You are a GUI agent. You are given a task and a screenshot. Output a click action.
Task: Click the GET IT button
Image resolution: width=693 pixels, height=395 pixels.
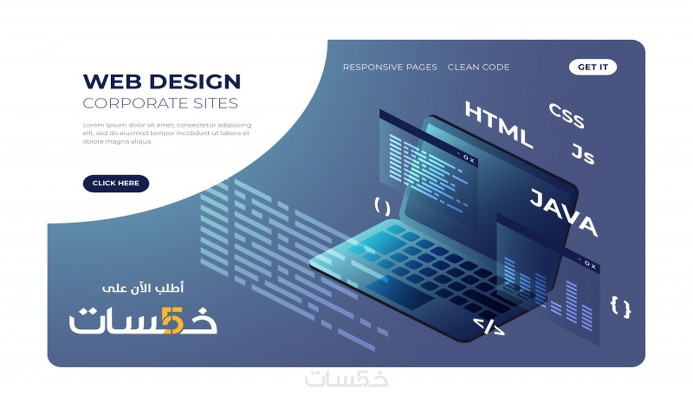click(593, 67)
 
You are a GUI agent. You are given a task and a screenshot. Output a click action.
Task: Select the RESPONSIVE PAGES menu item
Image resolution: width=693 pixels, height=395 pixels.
click(390, 67)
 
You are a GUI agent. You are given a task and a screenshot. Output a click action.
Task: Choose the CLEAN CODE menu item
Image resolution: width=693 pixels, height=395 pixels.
click(478, 67)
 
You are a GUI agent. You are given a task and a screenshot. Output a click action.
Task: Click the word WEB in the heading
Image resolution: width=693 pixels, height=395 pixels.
click(112, 81)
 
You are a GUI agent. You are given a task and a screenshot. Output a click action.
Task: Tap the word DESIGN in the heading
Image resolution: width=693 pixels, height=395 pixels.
click(195, 81)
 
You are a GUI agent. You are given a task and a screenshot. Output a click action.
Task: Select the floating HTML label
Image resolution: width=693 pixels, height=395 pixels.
click(499, 125)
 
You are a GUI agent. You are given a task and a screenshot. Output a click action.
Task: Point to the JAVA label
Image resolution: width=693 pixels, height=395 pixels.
click(564, 213)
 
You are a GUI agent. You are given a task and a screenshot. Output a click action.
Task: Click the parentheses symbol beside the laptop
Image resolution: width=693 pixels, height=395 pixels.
click(382, 206)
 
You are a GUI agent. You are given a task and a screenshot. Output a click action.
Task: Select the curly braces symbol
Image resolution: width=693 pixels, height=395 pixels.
click(620, 307)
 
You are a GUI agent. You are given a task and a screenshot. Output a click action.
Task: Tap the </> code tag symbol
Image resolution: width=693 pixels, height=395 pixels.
click(489, 327)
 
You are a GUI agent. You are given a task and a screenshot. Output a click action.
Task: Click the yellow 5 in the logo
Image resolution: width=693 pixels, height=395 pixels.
click(172, 321)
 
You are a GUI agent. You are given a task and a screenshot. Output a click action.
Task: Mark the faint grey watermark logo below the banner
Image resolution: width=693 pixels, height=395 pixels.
click(346, 379)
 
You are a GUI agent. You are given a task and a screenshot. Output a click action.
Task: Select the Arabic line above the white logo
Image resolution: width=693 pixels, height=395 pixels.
click(143, 288)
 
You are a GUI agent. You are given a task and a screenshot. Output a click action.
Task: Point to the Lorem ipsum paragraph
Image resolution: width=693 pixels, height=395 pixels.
click(167, 133)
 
